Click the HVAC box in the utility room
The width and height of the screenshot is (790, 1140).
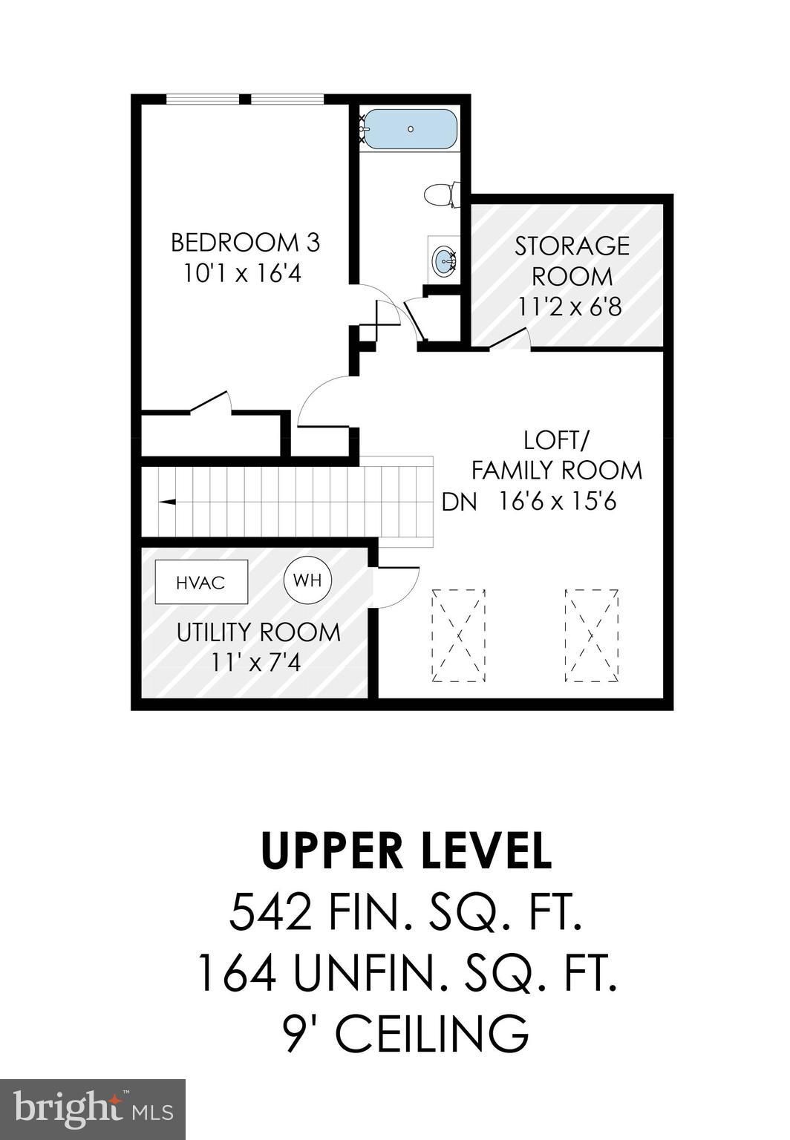point(201,582)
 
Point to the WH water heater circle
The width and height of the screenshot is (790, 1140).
point(307,580)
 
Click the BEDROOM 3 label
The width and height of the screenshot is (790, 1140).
point(245,243)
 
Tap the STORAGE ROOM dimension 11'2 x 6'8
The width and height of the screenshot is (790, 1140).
point(570,307)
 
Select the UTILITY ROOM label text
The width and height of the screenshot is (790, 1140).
point(258,632)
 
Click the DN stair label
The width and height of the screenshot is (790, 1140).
point(459,502)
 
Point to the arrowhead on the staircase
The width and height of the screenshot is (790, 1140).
point(167,502)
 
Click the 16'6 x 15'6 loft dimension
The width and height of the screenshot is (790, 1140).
point(557,502)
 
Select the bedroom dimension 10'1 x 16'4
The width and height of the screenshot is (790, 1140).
point(242,274)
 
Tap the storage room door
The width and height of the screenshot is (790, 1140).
point(509,339)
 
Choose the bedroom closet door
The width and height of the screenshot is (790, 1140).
point(211,402)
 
